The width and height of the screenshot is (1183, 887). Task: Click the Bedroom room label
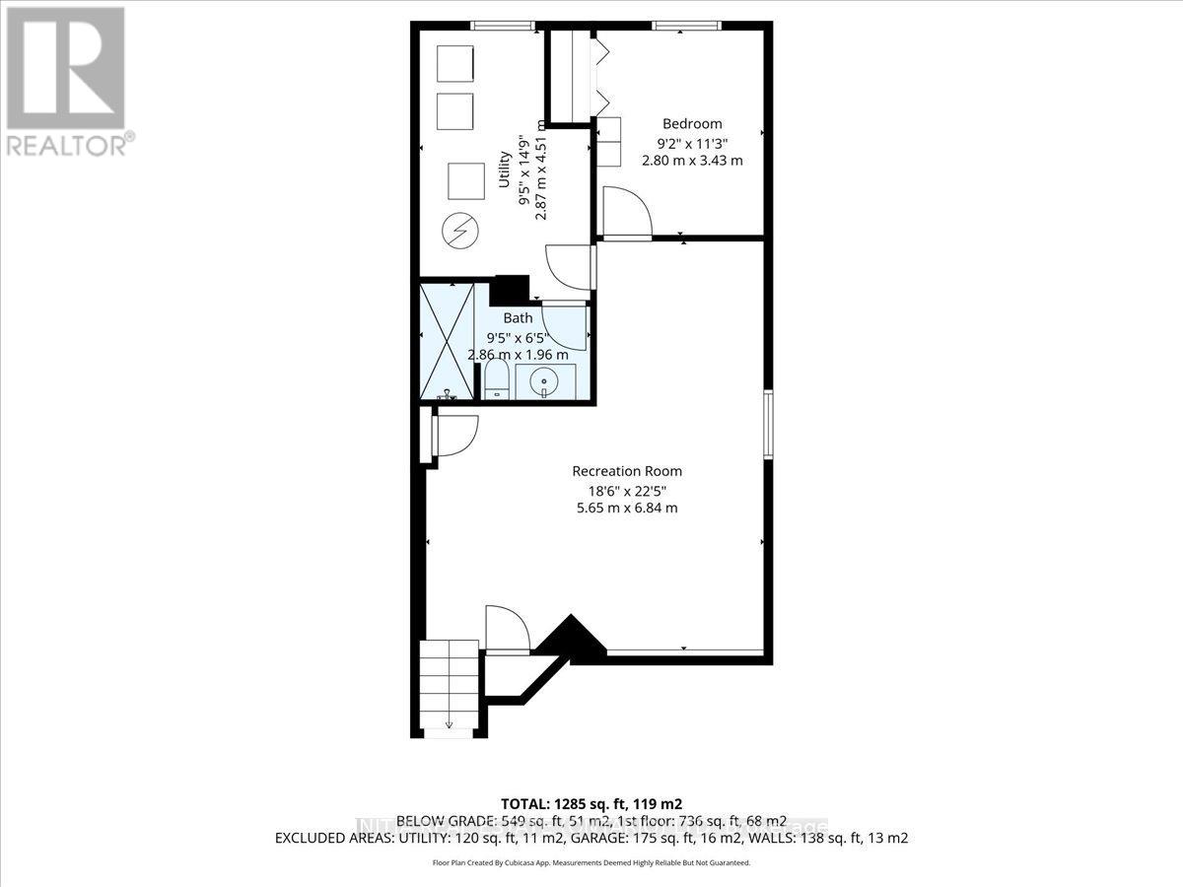pyautogui.click(x=691, y=123)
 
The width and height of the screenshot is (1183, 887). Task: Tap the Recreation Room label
pyautogui.click(x=627, y=471)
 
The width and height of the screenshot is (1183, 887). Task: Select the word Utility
pyautogui.click(x=504, y=171)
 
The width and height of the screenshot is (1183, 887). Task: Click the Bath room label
pyautogui.click(x=518, y=317)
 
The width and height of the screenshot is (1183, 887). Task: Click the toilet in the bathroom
pyautogui.click(x=496, y=379)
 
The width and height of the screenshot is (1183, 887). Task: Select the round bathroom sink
pyautogui.click(x=544, y=379)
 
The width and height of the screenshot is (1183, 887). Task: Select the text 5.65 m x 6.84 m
pyautogui.click(x=627, y=509)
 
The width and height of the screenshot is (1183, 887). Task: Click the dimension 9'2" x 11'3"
pyautogui.click(x=691, y=142)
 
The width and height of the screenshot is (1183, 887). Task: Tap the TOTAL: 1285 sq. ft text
pyautogui.click(x=591, y=801)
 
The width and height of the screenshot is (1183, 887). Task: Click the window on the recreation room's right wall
pyautogui.click(x=767, y=425)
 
